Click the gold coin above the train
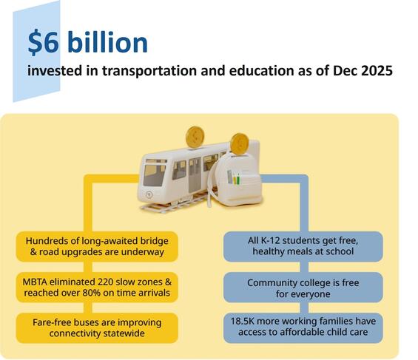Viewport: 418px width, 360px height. pos(195,137)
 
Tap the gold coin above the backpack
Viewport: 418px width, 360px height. pos(239,143)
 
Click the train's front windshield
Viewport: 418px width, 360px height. pos(155,174)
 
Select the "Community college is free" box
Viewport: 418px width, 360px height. pos(303,287)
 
